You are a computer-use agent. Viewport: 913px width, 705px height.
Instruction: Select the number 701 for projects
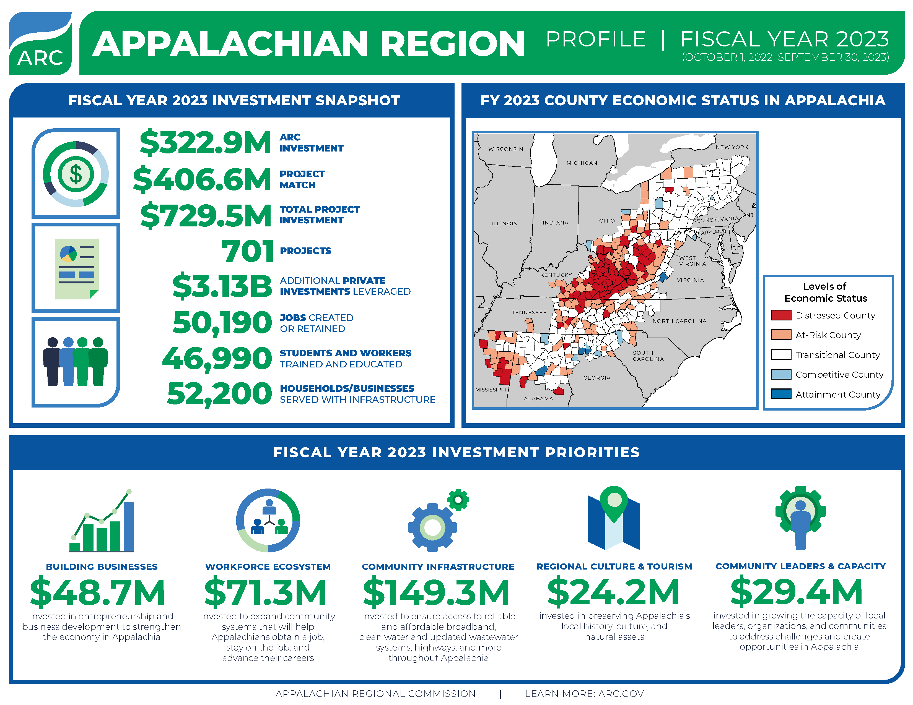tap(248, 251)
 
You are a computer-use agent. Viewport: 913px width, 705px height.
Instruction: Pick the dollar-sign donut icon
tap(76, 174)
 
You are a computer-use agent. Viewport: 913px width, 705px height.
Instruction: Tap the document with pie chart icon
tap(77, 268)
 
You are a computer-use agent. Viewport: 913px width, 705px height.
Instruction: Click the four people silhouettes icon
tap(76, 362)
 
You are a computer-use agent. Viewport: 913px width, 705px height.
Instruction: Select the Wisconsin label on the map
tap(505, 149)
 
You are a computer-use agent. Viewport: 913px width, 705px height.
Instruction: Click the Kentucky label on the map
tap(556, 275)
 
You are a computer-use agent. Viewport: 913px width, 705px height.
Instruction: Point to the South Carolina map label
tap(648, 356)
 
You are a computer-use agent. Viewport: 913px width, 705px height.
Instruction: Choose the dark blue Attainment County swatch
tap(781, 394)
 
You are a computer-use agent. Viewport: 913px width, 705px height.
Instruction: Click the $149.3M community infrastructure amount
tap(436, 592)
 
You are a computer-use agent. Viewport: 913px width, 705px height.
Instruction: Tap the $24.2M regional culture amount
tap(613, 592)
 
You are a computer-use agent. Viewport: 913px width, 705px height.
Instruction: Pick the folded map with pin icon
tap(614, 519)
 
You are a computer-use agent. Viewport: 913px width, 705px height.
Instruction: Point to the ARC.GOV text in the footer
tap(621, 694)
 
